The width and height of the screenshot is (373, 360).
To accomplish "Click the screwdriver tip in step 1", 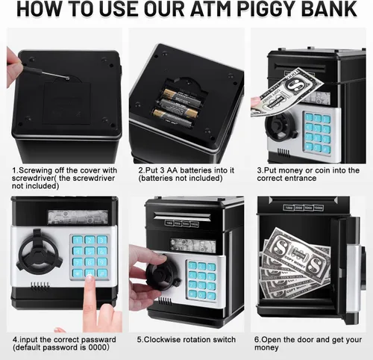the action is [67, 78].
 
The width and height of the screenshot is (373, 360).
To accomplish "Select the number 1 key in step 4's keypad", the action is [78, 240].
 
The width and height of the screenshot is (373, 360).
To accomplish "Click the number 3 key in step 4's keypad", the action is [102, 240].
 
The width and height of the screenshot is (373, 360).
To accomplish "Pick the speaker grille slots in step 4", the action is [40, 286].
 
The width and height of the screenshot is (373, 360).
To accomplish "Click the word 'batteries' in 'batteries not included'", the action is [157, 179].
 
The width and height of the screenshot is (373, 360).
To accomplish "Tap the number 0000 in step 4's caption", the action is [98, 347].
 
